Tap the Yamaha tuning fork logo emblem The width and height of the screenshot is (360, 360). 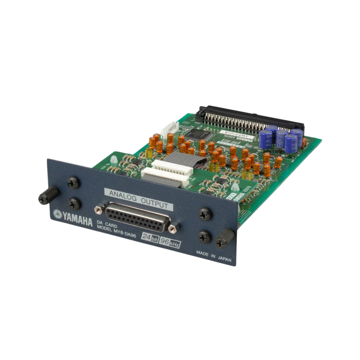[x=57, y=214]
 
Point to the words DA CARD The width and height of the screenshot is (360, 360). [x=107, y=222]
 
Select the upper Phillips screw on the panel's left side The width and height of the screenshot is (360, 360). [x=73, y=183]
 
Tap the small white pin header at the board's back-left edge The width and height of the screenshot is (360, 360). [x=169, y=128]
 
